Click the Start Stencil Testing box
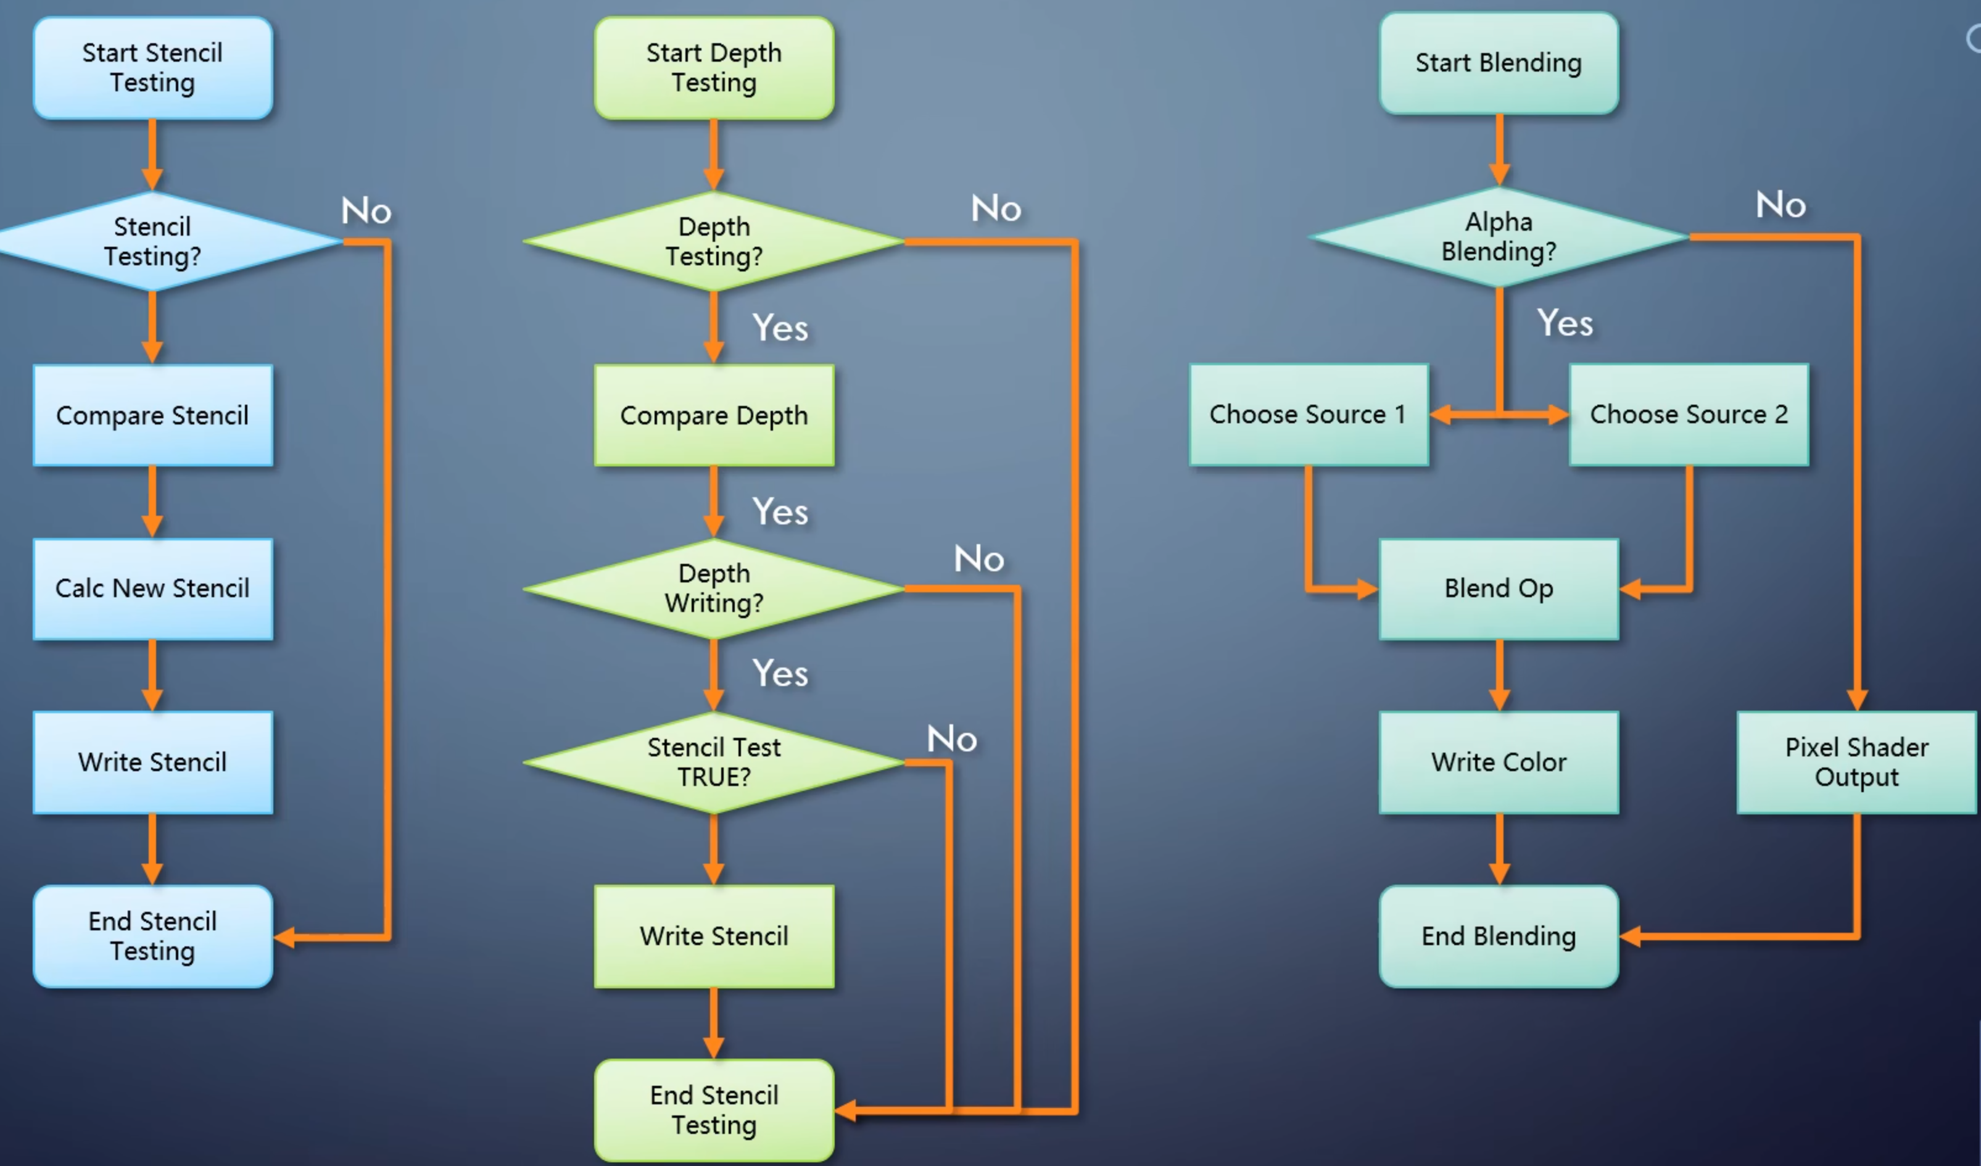[x=152, y=68]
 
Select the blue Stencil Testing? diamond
[x=152, y=241]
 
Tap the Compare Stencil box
[x=152, y=415]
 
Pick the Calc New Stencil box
[x=152, y=588]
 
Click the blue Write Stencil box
[x=152, y=762]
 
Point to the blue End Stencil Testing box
[x=152, y=936]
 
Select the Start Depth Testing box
[x=714, y=68]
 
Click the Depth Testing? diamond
[x=714, y=241]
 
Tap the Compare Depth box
[x=714, y=415]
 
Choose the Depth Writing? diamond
[x=714, y=588]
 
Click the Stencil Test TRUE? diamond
[x=714, y=762]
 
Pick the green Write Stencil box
[x=714, y=936]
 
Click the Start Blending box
[x=1499, y=63]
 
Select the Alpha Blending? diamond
[x=1499, y=237]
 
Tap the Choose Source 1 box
[x=1308, y=415]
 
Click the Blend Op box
[x=1499, y=588]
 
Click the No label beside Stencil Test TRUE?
[x=951, y=739]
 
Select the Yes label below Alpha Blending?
[x=1565, y=323]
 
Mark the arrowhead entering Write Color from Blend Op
[x=1499, y=700]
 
